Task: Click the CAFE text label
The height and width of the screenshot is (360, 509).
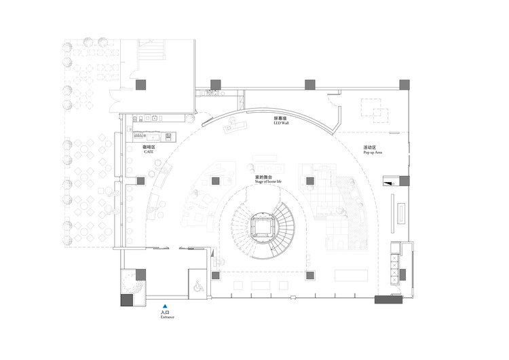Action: click(149, 152)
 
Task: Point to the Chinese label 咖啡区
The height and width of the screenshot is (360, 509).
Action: click(149, 147)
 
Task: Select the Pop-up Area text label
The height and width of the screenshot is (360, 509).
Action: click(374, 154)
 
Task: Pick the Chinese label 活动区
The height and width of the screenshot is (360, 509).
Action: click(370, 147)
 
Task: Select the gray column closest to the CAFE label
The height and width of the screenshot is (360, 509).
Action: click(140, 181)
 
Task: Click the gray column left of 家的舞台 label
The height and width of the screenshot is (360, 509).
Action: click(216, 181)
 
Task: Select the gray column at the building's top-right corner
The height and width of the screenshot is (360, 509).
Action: click(404, 84)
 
